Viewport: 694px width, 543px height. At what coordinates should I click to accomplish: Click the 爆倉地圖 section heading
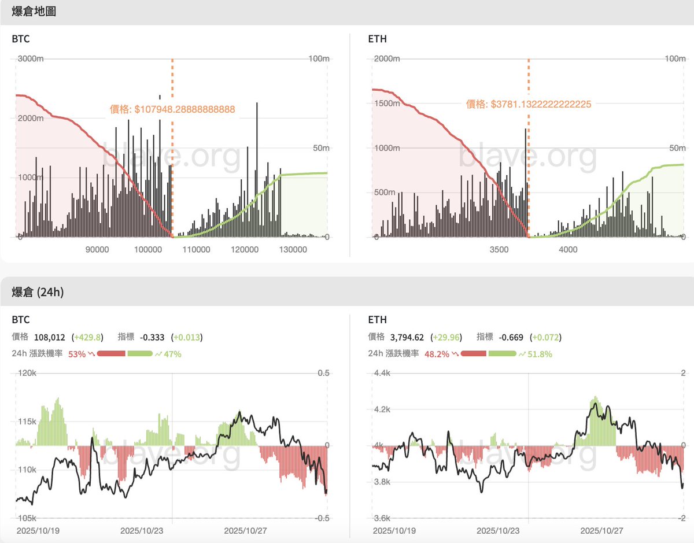click(34, 12)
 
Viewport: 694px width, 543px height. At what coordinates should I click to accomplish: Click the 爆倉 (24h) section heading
click(38, 292)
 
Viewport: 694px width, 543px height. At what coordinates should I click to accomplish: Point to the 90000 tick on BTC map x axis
click(97, 249)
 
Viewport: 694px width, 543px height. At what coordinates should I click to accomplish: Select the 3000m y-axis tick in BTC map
click(32, 59)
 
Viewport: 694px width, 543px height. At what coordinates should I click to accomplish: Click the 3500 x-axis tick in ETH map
click(499, 249)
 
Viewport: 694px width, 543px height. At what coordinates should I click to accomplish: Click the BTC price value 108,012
click(50, 337)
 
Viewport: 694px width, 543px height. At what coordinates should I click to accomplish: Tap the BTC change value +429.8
click(86, 337)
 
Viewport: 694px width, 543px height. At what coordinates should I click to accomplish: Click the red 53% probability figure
click(76, 353)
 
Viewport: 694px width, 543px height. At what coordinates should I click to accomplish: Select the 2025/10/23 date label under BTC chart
click(138, 530)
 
